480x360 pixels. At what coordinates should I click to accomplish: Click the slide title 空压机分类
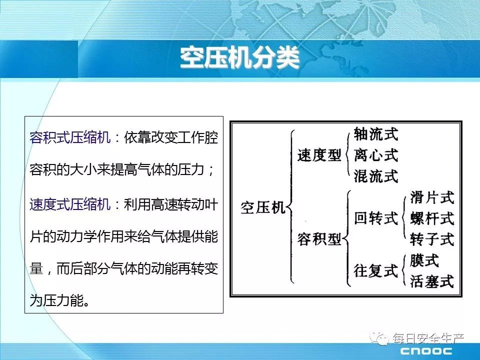tap(239, 58)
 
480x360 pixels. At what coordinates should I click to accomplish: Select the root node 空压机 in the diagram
tap(263, 207)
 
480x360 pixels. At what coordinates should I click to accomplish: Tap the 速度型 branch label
tap(319, 155)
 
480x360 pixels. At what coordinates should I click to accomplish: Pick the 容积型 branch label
tap(319, 239)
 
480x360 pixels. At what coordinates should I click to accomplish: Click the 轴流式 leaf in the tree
tap(376, 134)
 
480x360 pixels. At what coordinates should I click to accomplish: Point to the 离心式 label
tap(376, 155)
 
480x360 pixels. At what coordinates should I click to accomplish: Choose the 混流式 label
tap(376, 176)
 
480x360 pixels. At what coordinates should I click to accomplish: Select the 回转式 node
tap(376, 218)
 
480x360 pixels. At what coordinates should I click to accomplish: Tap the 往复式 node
tap(376, 271)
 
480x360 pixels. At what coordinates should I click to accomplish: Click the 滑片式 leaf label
tap(432, 197)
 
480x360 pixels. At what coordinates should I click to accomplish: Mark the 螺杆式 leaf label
tap(432, 218)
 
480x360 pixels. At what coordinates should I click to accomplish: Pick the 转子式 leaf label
tap(432, 239)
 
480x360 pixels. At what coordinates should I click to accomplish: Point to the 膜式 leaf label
tap(424, 260)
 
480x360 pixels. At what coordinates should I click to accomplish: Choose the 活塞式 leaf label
tap(432, 281)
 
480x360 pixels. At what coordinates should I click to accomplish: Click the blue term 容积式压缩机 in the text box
tap(70, 137)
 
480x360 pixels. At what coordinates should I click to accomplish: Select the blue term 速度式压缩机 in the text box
tap(70, 204)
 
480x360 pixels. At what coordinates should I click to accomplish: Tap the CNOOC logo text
tap(426, 351)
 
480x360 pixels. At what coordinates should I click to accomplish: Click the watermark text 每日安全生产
tap(428, 338)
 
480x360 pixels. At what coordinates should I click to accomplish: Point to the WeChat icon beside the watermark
tap(379, 338)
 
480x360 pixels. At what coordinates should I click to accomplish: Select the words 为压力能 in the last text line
tap(56, 300)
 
